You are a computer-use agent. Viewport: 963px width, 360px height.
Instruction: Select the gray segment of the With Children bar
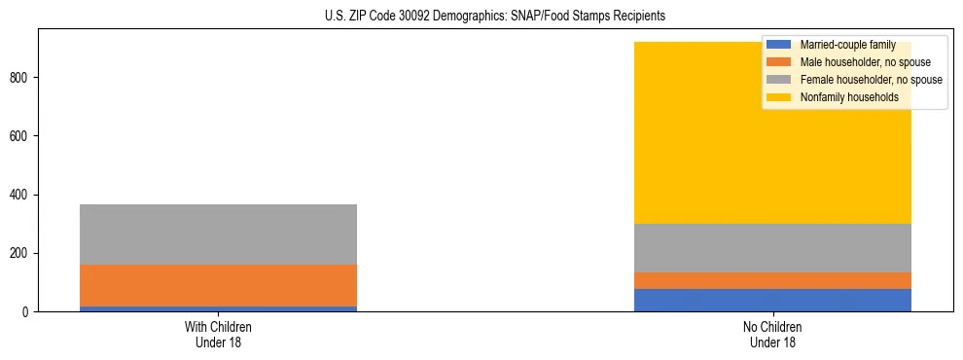(218, 234)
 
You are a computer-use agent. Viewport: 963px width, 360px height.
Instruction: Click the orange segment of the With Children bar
(218, 285)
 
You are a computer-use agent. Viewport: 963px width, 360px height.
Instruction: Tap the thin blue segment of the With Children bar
(218, 308)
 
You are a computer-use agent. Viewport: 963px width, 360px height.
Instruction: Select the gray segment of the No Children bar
(772, 248)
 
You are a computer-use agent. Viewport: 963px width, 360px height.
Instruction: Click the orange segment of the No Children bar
(772, 280)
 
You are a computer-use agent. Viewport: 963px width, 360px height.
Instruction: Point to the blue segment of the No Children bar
(772, 300)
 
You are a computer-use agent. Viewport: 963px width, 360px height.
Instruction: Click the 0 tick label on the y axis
(28, 312)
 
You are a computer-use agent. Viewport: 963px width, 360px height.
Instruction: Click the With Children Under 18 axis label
(218, 335)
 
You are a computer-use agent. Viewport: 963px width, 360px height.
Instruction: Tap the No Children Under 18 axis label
(772, 335)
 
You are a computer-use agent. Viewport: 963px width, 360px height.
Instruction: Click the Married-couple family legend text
(847, 45)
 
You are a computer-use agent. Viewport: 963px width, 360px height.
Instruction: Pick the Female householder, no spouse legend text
(871, 80)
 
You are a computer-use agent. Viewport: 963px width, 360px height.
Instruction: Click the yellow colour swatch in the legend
(779, 97)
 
